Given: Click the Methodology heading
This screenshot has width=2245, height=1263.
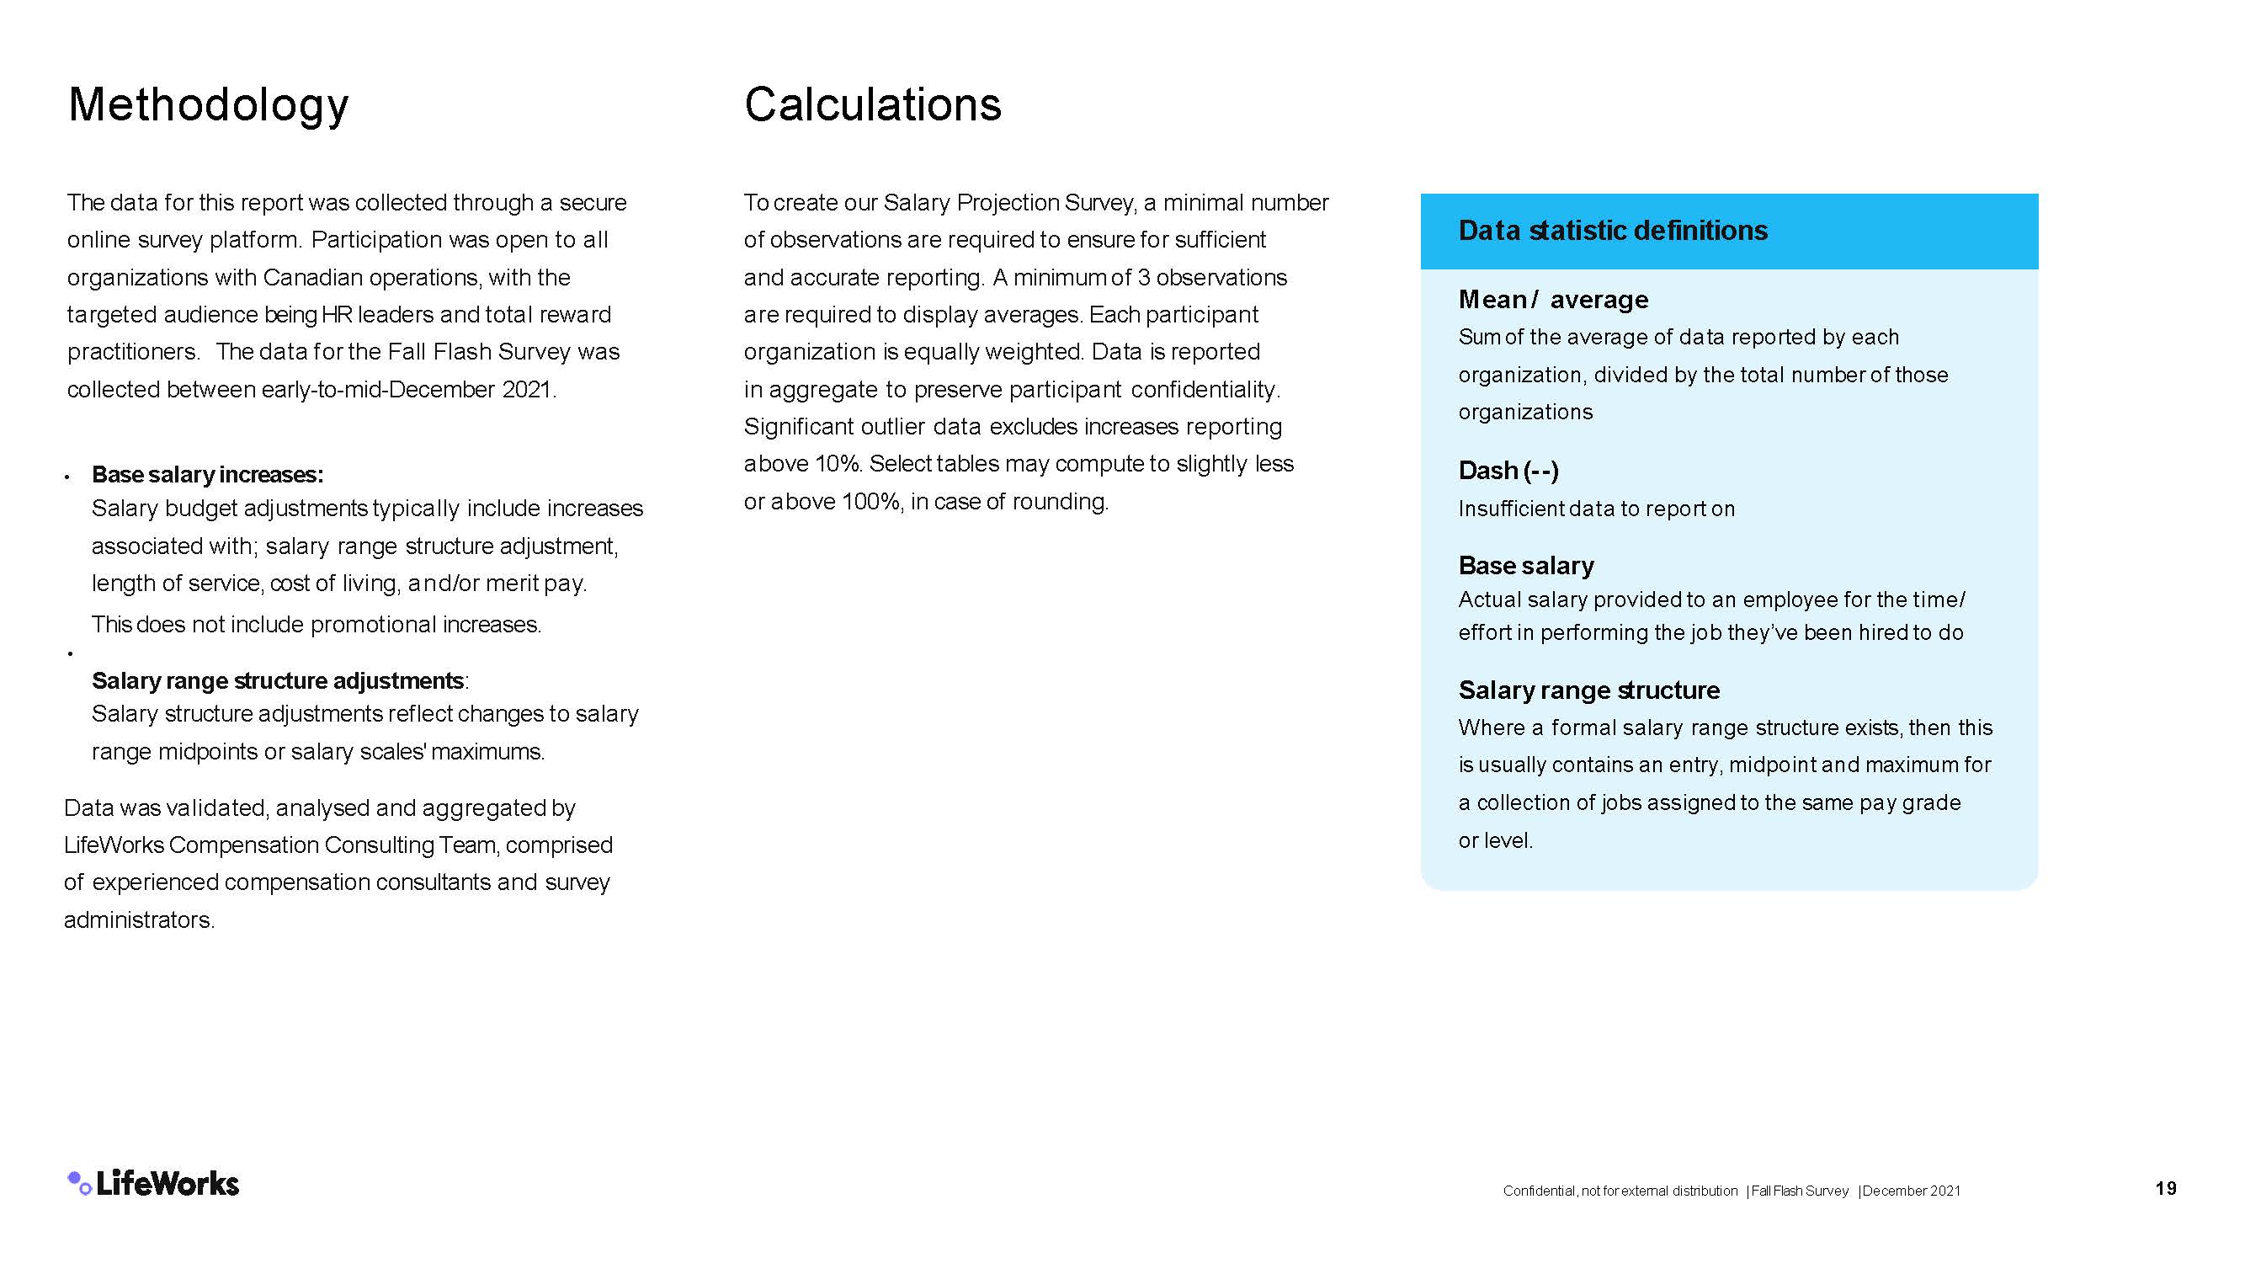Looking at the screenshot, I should point(208,105).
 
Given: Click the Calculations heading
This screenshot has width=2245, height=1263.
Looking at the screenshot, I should point(872,104).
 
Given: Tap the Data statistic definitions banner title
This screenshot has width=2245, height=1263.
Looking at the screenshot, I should point(1612,230).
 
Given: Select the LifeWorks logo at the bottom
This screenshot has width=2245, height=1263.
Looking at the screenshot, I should point(153,1183).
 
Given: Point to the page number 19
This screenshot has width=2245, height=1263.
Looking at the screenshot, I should point(2166,1188).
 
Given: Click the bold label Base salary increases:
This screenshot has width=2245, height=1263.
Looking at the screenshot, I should point(207,474).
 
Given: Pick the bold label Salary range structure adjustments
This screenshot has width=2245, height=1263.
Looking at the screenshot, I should point(278,680).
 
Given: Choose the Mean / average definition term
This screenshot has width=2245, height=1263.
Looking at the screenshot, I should point(1553,300).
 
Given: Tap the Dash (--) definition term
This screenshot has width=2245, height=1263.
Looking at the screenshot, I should point(1508,471).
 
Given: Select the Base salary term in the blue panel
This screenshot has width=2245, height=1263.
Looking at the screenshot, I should point(1526,566).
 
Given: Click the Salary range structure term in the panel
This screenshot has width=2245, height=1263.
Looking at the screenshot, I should point(1588,690).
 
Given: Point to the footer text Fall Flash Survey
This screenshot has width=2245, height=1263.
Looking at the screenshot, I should point(1800,1191).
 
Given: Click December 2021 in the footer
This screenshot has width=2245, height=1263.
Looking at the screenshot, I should point(1911,1191).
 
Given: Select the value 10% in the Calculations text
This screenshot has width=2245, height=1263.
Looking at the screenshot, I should point(838,464).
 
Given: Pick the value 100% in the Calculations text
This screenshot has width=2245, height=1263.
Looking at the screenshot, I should point(871,502).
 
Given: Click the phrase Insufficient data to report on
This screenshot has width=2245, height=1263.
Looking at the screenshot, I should point(1597,509).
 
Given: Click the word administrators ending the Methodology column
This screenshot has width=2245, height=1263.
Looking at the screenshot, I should point(139,919).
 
